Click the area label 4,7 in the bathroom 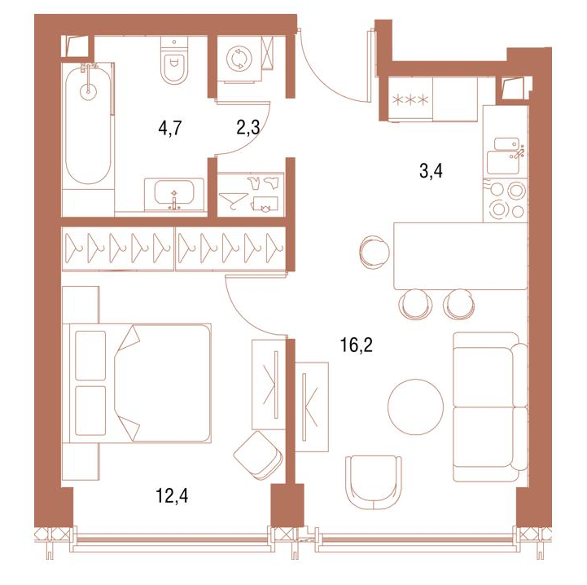170,128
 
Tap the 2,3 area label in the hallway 248,127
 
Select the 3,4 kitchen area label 431,171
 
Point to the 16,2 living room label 356,345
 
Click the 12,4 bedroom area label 172,496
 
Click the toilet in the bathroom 174,60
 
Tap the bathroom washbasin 174,194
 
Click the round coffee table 415,407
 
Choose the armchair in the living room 374,482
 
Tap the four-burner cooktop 506,200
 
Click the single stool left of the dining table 375,250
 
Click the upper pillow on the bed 90,355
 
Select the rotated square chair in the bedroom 259,455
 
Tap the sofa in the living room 489,407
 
